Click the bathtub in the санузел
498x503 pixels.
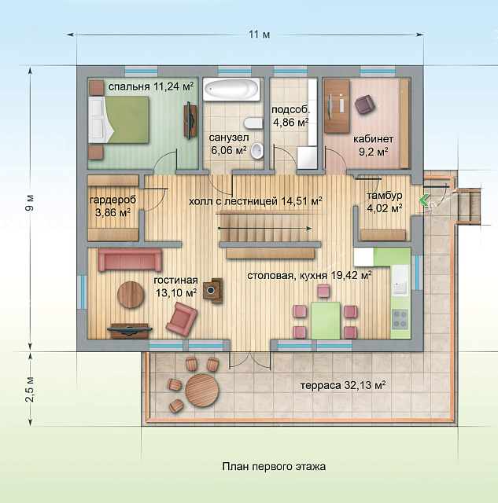[231, 90]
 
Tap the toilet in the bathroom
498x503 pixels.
[253, 123]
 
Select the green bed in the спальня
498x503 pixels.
[120, 119]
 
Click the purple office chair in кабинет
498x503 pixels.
[364, 104]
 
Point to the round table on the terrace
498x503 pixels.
[202, 390]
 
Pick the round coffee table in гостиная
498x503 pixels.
[131, 295]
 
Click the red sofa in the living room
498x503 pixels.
[130, 259]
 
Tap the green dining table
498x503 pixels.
[326, 321]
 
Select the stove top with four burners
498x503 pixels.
[400, 319]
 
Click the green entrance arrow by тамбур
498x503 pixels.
[423, 200]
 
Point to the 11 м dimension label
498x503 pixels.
[260, 35]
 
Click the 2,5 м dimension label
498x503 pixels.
[30, 389]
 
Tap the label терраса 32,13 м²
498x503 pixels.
[343, 385]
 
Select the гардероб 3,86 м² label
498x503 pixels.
[113, 206]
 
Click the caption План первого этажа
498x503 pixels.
[274, 466]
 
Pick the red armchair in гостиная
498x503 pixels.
[182, 319]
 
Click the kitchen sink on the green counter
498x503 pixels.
[400, 285]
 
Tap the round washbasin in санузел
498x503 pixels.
[256, 151]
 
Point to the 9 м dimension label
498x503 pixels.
[30, 204]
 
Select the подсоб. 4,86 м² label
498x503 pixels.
[291, 116]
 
